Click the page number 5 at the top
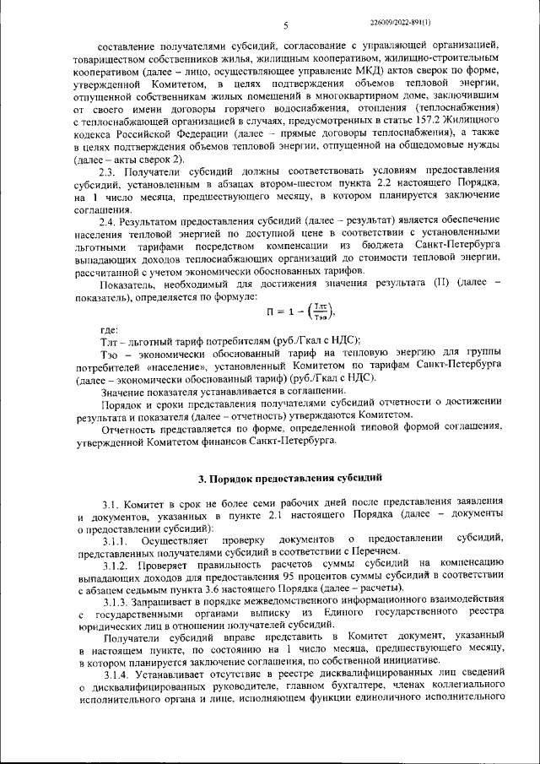(x=285, y=25)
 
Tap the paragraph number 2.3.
(x=109, y=172)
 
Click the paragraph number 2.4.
(x=109, y=220)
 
